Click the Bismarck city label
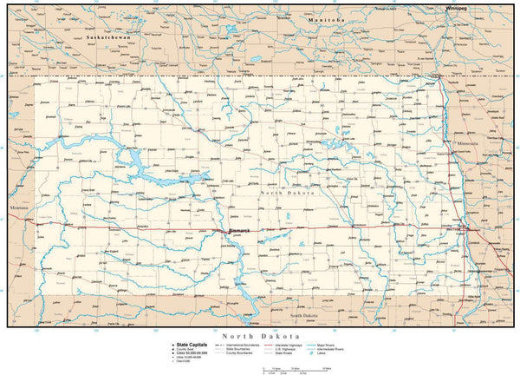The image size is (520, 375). [x=238, y=230]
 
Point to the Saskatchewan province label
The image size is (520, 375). [x=101, y=40]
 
